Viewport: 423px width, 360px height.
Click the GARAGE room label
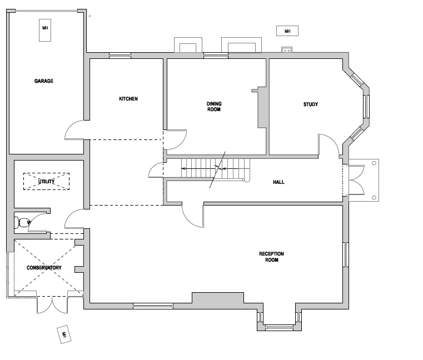pos(44,81)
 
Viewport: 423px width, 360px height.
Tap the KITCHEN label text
pos(128,99)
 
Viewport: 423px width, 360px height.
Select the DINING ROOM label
pos(213,107)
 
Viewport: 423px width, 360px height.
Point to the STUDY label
pos(310,104)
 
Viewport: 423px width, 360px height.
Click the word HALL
pos(279,182)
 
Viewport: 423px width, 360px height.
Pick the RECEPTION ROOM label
pos(272,257)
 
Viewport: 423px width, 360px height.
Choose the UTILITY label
pos(46,182)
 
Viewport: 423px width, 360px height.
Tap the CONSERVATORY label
pos(44,268)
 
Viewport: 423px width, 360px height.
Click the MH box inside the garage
pos(45,31)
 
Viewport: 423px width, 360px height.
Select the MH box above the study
pos(287,31)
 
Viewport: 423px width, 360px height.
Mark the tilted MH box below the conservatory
pos(64,334)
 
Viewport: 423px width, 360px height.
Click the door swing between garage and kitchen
pos(76,131)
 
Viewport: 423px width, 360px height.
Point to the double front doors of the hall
pos(354,181)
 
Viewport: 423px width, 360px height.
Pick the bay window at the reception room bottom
pos(279,323)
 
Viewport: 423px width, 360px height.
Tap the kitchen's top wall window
pos(120,55)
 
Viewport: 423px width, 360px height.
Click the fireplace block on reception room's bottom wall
pos(217,298)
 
